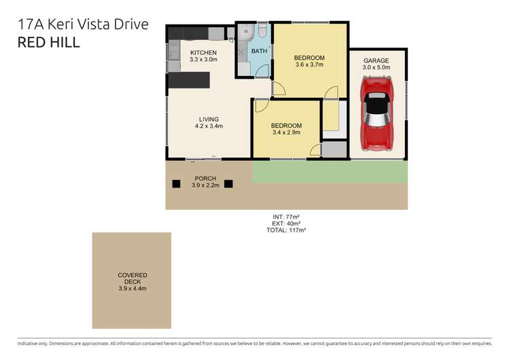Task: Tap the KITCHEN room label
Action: pyautogui.click(x=203, y=52)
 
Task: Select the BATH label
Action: pyautogui.click(x=259, y=51)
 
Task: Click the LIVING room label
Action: pyautogui.click(x=209, y=120)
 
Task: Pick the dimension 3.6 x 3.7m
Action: pyautogui.click(x=309, y=65)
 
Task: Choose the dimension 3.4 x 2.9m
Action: pyautogui.click(x=286, y=133)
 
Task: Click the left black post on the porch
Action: pyautogui.click(x=176, y=183)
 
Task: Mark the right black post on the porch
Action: pyautogui.click(x=228, y=183)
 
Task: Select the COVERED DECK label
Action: pyautogui.click(x=132, y=278)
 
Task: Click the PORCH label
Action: pyautogui.click(x=205, y=179)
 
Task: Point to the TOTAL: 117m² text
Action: pyautogui.click(x=286, y=230)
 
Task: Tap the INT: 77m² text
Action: pyautogui.click(x=286, y=217)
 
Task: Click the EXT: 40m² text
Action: pyautogui.click(x=286, y=223)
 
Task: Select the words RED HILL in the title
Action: pyautogui.click(x=48, y=43)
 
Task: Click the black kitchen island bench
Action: pyautogui.click(x=190, y=81)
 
